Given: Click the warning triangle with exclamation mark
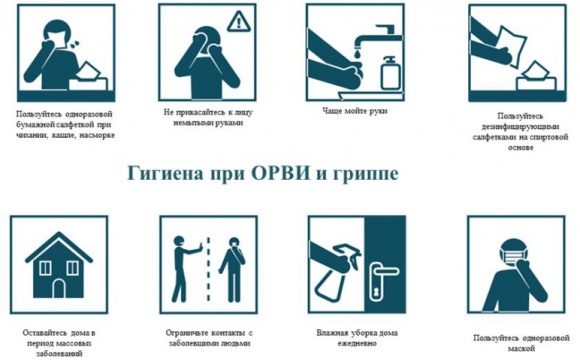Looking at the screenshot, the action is point(239,21).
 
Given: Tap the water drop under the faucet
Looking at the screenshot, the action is point(356,54).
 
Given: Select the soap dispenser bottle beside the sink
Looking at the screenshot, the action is point(391,73).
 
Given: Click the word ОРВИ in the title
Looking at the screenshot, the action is point(281,173).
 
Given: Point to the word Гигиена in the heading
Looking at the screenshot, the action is point(165,174).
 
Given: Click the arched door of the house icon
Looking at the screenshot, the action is point(59,288).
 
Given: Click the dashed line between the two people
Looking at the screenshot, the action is point(209,270).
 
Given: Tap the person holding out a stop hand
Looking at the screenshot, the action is point(186,269).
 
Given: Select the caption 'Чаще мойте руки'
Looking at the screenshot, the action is point(355,111).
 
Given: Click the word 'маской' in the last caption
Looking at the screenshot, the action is point(522,348).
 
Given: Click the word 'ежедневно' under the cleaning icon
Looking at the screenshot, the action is point(357,343).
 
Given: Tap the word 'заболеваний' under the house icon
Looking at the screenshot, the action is point(59,354).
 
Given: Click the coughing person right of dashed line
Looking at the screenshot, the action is point(232,269).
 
